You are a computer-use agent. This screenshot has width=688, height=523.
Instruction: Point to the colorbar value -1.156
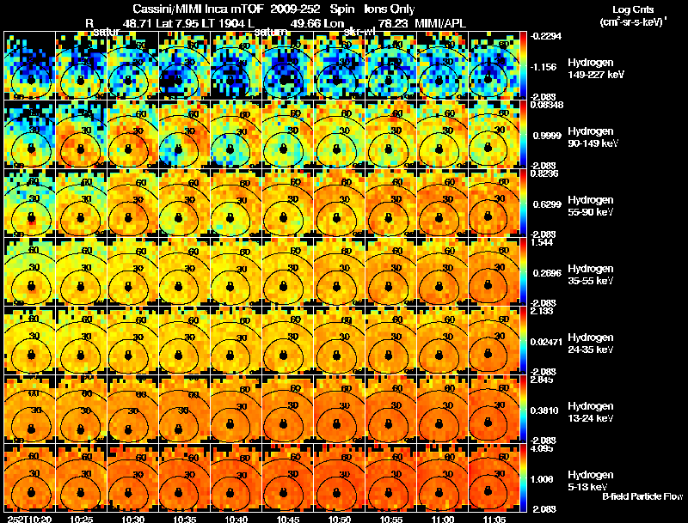click(x=545, y=66)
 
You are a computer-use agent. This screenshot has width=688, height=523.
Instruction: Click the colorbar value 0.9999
click(x=545, y=135)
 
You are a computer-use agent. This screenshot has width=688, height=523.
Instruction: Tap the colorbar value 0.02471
click(x=547, y=341)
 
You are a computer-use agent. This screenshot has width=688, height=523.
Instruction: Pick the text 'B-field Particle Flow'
click(x=642, y=496)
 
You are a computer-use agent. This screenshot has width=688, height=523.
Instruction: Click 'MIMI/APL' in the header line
click(x=443, y=23)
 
